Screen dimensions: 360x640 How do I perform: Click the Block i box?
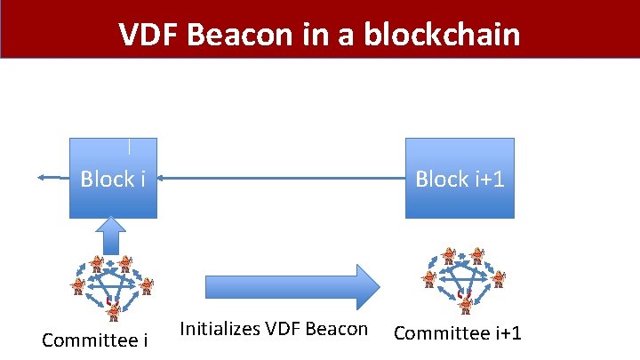tap(114, 178)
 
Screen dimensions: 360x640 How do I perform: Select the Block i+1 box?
tap(460, 178)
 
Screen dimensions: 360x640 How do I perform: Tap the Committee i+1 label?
tap(457, 333)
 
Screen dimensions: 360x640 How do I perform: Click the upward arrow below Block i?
tap(114, 236)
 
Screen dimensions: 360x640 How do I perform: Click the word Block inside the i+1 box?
tap(442, 179)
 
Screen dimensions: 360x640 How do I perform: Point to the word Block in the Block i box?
tap(106, 179)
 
